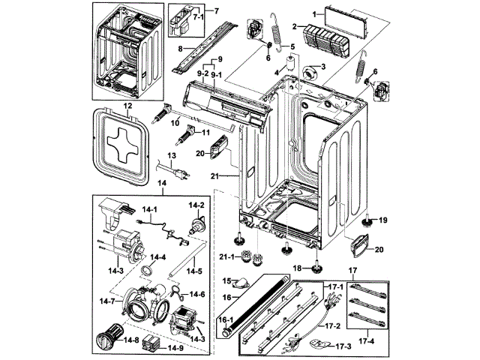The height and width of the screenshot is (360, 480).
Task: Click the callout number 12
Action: pyautogui.click(x=127, y=107)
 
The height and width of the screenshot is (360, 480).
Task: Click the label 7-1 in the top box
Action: pyautogui.click(x=198, y=16)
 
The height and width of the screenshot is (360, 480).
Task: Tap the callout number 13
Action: pyautogui.click(x=171, y=155)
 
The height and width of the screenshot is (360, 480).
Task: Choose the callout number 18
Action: pyautogui.click(x=297, y=268)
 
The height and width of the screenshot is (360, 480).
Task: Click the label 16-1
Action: pyautogui.click(x=224, y=320)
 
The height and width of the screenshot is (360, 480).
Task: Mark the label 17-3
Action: pyautogui.click(x=343, y=346)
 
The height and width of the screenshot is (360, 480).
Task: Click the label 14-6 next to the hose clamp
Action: pyautogui.click(x=196, y=295)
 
